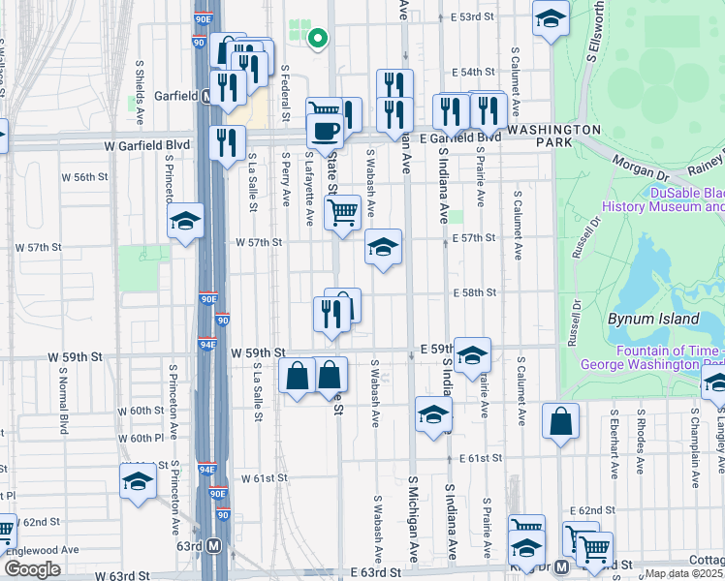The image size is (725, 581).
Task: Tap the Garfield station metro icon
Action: coord(206,97)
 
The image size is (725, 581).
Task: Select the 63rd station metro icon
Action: coord(214,545)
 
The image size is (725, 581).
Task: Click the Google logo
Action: coord(33,569)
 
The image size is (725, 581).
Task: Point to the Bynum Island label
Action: coord(652,319)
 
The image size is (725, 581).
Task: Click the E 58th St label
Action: coord(474,292)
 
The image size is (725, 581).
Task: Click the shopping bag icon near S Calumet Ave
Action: coord(561,421)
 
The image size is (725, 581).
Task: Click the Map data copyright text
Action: coord(683,573)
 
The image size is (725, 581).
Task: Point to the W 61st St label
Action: coord(265,478)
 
